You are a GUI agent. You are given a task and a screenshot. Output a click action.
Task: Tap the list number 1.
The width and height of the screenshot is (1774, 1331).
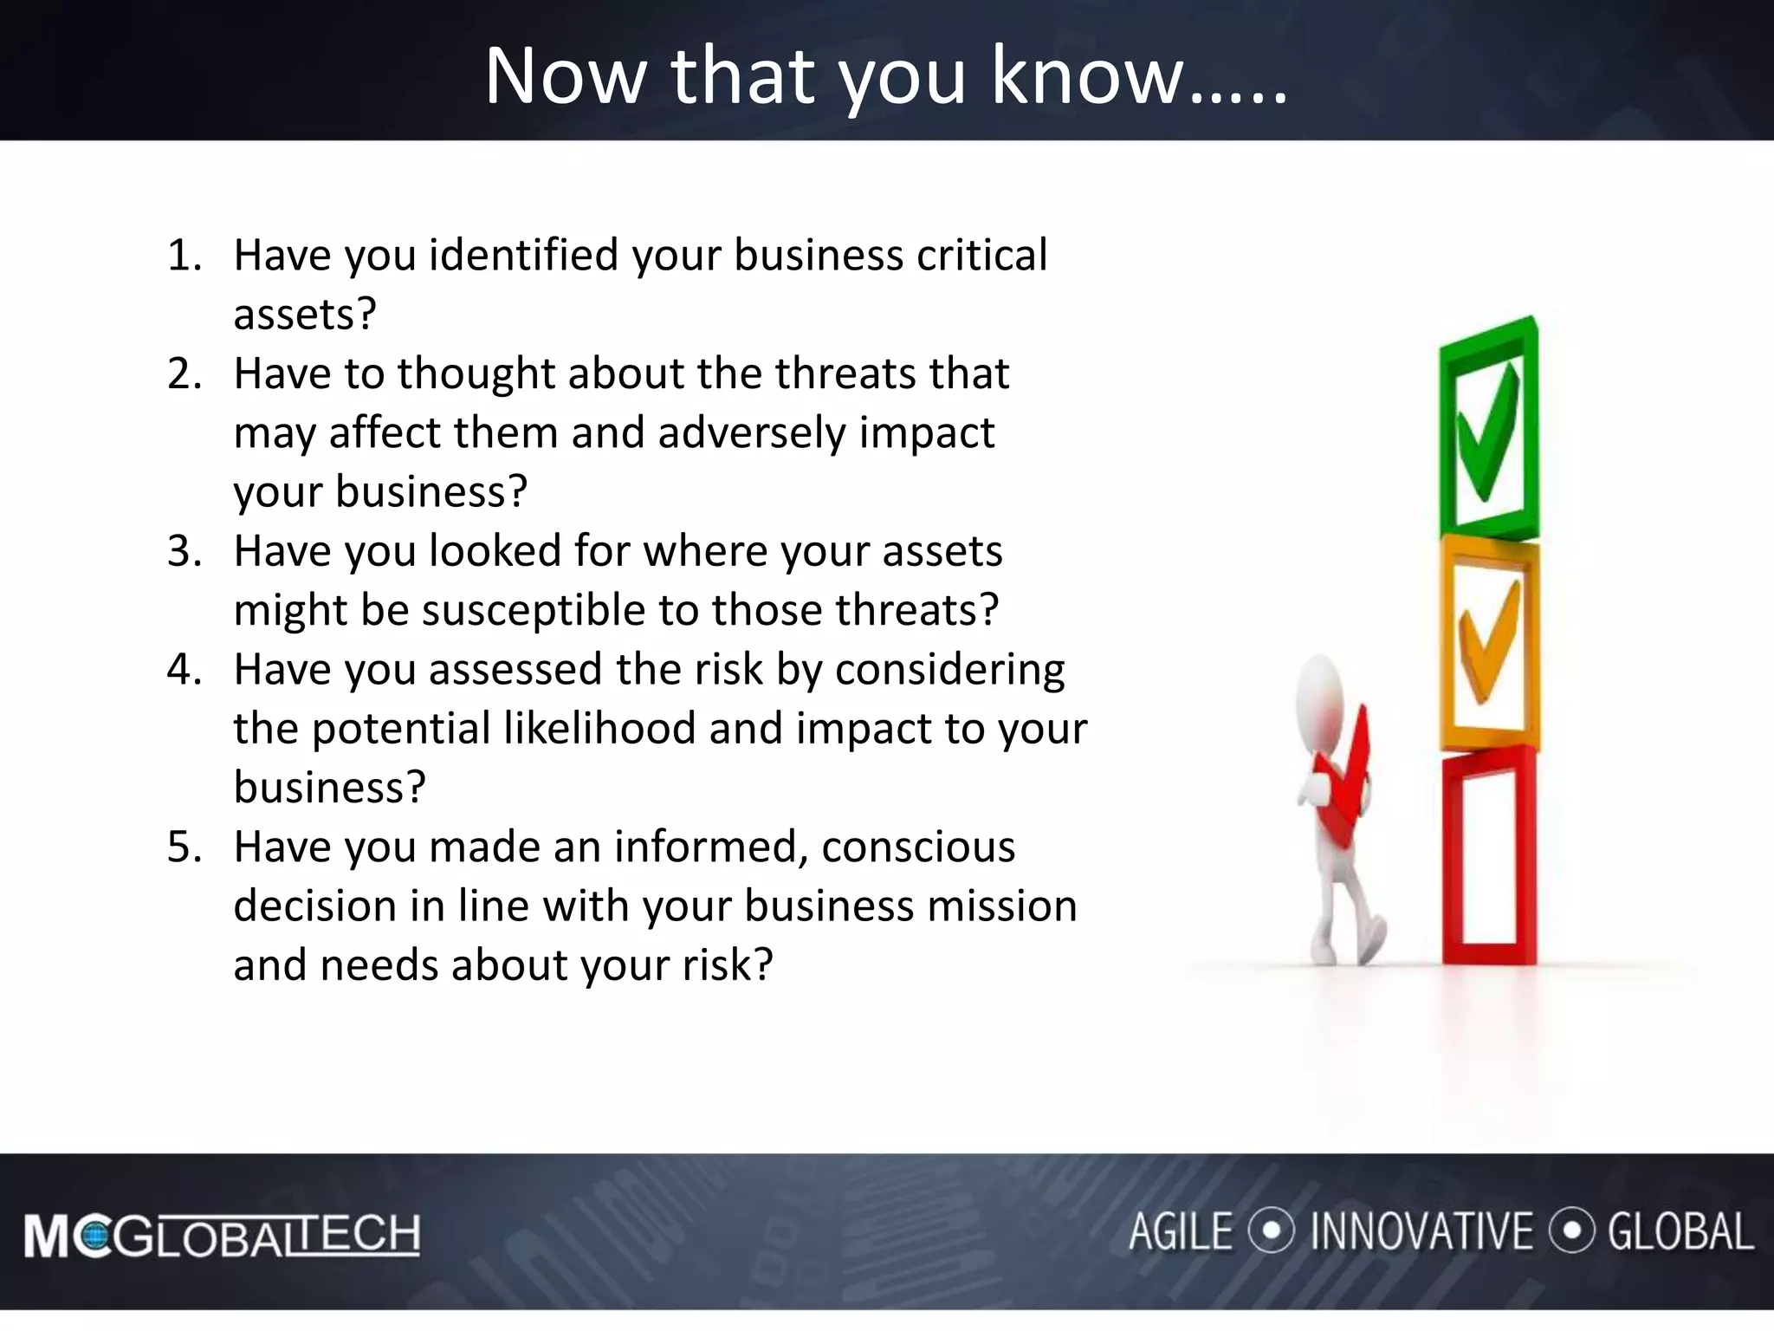184,256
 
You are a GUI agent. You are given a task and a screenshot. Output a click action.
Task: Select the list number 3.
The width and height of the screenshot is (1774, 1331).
184,551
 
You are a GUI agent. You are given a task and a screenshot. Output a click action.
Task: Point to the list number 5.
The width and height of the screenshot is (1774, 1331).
184,847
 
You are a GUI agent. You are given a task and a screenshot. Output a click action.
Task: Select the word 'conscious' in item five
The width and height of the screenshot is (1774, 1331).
917,847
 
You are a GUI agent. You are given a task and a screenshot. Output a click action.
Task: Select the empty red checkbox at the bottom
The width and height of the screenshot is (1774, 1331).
1488,858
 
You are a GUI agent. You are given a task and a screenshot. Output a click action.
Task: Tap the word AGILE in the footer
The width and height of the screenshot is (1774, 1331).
1180,1232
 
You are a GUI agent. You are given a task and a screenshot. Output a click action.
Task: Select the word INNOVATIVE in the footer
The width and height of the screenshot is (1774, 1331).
1421,1232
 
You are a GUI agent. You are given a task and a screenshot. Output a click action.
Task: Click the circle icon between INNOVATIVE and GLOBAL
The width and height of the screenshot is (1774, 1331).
1570,1230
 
